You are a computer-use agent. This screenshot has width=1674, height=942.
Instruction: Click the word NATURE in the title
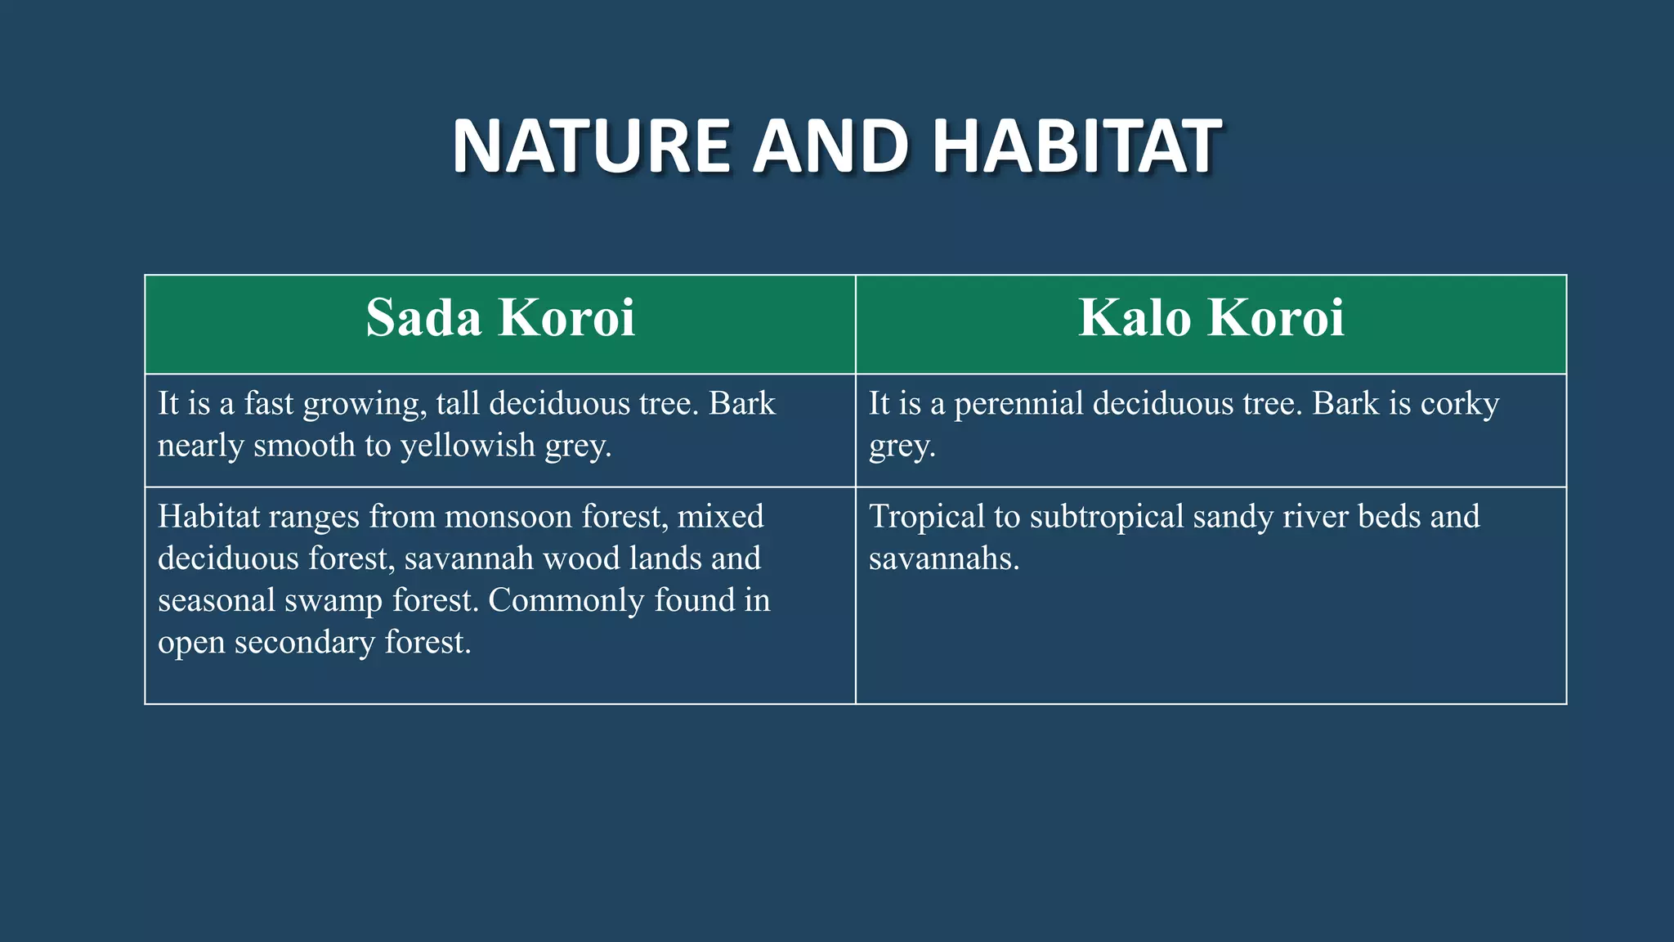(590, 147)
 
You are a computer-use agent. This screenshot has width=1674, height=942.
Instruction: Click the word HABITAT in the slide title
(1077, 147)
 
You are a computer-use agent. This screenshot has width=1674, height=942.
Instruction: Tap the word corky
(1460, 404)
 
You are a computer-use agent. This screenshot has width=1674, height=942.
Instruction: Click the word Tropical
(927, 517)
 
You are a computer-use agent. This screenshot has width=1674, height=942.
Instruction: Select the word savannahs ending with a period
(944, 559)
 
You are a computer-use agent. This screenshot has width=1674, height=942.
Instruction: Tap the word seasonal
(217, 601)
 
